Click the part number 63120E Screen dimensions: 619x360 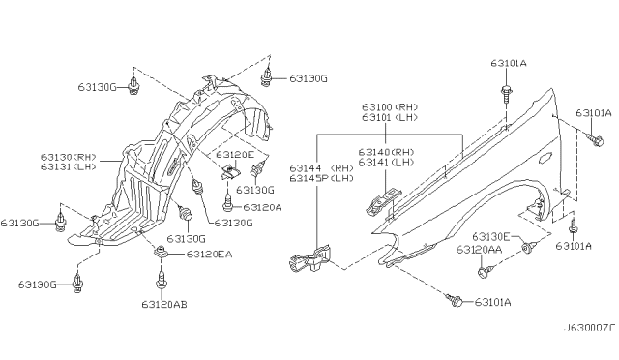point(235,155)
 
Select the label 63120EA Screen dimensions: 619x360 point(209,255)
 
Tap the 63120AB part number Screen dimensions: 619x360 point(164,304)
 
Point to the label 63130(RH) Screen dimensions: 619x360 point(69,157)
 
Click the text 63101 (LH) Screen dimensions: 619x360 point(390,117)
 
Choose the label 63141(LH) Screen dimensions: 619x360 point(386,162)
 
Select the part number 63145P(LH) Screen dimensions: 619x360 point(321,178)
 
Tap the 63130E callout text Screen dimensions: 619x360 point(491,237)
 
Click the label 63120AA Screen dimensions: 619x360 point(480,250)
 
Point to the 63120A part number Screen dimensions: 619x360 point(262,207)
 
